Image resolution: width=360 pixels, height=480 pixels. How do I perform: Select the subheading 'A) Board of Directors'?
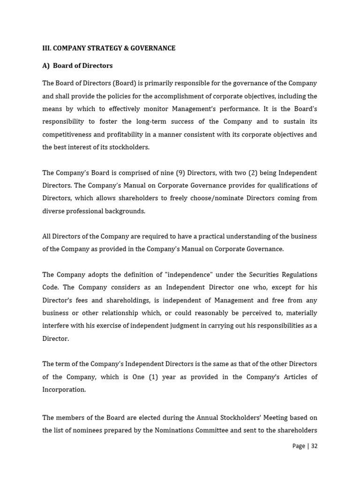click(x=77, y=66)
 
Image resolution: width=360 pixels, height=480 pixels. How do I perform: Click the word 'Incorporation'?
click(x=64, y=390)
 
